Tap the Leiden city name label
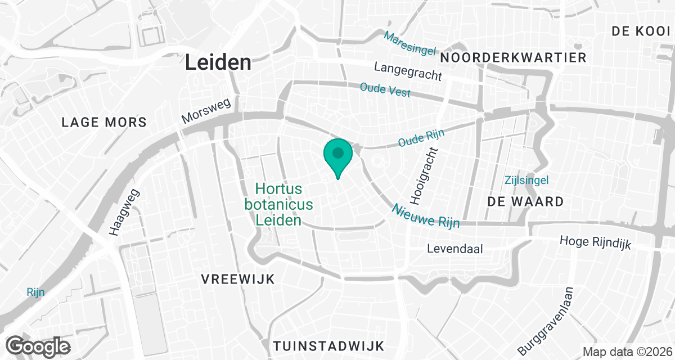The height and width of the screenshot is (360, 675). point(218,62)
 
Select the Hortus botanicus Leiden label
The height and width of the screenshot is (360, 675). point(278,204)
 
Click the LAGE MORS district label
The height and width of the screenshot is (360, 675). point(104,122)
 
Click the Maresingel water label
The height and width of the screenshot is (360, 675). point(410,43)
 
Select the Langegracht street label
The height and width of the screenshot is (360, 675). point(408,71)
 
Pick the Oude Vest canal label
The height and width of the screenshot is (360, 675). point(385,90)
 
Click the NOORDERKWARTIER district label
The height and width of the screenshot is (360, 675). point(514,57)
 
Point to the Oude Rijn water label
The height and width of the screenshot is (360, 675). point(421,138)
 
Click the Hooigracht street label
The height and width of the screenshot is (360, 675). point(425,176)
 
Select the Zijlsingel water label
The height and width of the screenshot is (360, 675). point(526,180)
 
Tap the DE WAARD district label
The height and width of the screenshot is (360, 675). point(525,201)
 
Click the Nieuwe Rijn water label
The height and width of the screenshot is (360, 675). point(425,215)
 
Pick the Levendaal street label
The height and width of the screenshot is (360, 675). point(455,248)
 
